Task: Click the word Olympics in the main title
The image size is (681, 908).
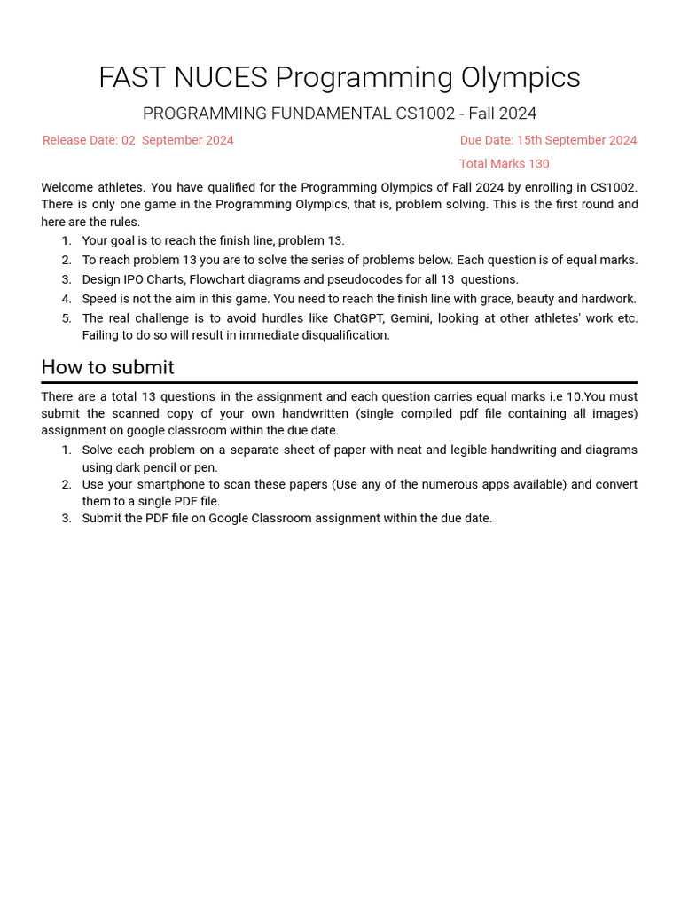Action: tap(522, 78)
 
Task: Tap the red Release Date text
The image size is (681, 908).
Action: tap(138, 140)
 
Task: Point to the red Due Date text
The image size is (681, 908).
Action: tap(548, 140)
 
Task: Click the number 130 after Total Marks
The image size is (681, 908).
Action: tap(538, 164)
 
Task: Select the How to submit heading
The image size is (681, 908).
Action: tap(107, 367)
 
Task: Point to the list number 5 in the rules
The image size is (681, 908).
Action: tap(67, 318)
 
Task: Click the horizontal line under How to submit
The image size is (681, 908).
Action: tap(340, 382)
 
